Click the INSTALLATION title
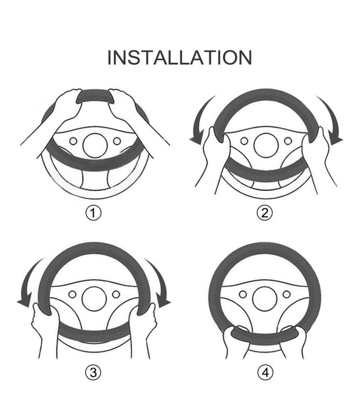coord(180,57)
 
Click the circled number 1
coord(94,213)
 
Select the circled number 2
coord(265,213)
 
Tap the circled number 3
coord(94,372)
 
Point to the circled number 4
coord(266,372)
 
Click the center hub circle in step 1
coord(95,146)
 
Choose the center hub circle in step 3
coord(94,299)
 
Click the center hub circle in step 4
coord(265,299)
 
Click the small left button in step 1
coord(73,141)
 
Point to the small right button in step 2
coord(288,141)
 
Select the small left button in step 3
coord(72,294)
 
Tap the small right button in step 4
coord(287,294)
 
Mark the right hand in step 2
coord(320,158)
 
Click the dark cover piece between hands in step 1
coord(95,96)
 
